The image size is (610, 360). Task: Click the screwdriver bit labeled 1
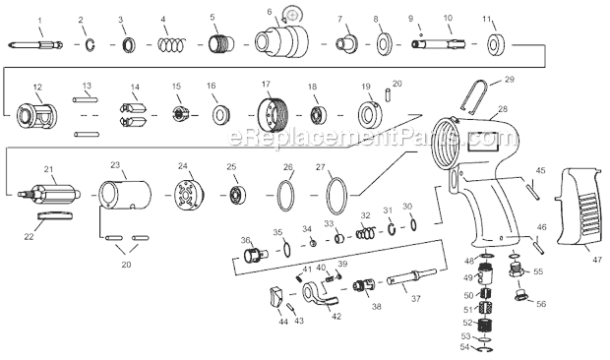click(x=35, y=44)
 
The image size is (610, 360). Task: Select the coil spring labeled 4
click(x=171, y=44)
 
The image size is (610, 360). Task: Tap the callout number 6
click(x=270, y=12)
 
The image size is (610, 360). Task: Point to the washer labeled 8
click(x=384, y=44)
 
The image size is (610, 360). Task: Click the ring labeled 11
click(x=496, y=44)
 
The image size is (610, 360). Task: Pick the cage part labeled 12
click(x=37, y=116)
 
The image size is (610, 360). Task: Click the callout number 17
click(x=266, y=84)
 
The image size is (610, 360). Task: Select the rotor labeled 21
click(x=49, y=193)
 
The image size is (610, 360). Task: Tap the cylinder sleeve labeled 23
click(x=125, y=195)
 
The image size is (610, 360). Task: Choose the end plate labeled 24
click(x=190, y=195)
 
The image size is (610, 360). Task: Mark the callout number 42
click(x=336, y=317)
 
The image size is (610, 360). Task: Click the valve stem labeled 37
click(x=411, y=277)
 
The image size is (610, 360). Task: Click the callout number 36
click(x=245, y=240)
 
